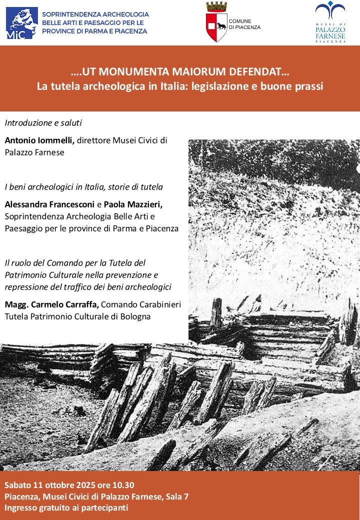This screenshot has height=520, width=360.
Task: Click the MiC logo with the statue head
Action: pyautogui.click(x=21, y=22)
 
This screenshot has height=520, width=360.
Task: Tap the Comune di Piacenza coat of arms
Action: pyautogui.click(x=216, y=22)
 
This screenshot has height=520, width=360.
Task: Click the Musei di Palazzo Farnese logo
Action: pyautogui.click(x=330, y=22)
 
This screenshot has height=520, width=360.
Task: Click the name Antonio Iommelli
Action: pyautogui.click(x=39, y=140)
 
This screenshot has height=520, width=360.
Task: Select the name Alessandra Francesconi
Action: pyautogui.click(x=49, y=204)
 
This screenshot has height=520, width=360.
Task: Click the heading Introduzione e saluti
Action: pyautogui.click(x=43, y=122)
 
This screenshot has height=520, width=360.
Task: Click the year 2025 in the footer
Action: pyautogui.click(x=84, y=485)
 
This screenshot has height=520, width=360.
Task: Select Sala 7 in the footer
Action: pyautogui.click(x=177, y=496)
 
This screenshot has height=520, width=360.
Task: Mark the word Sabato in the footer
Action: pyautogui.click(x=18, y=485)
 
